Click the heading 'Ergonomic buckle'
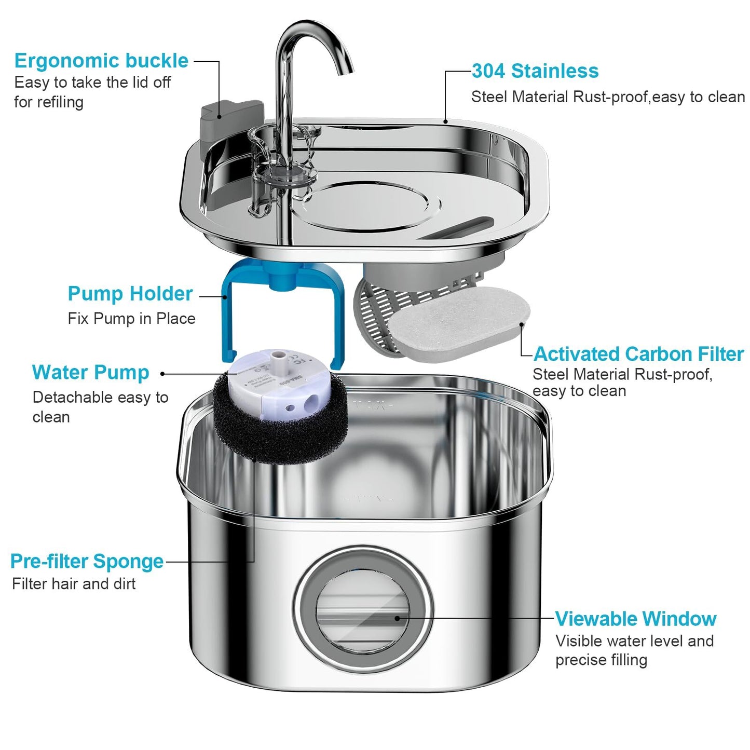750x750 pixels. point(101,61)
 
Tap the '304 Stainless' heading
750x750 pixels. point(535,71)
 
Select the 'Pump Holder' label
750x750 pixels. point(130,294)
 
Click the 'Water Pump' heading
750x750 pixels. point(90,373)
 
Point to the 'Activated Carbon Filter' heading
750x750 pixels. point(638,354)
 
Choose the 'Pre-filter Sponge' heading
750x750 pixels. point(87,562)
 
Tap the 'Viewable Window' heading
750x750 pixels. point(635,619)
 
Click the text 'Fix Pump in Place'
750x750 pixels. point(131,319)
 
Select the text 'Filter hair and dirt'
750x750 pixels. point(74,584)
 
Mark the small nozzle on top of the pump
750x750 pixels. point(279,357)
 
